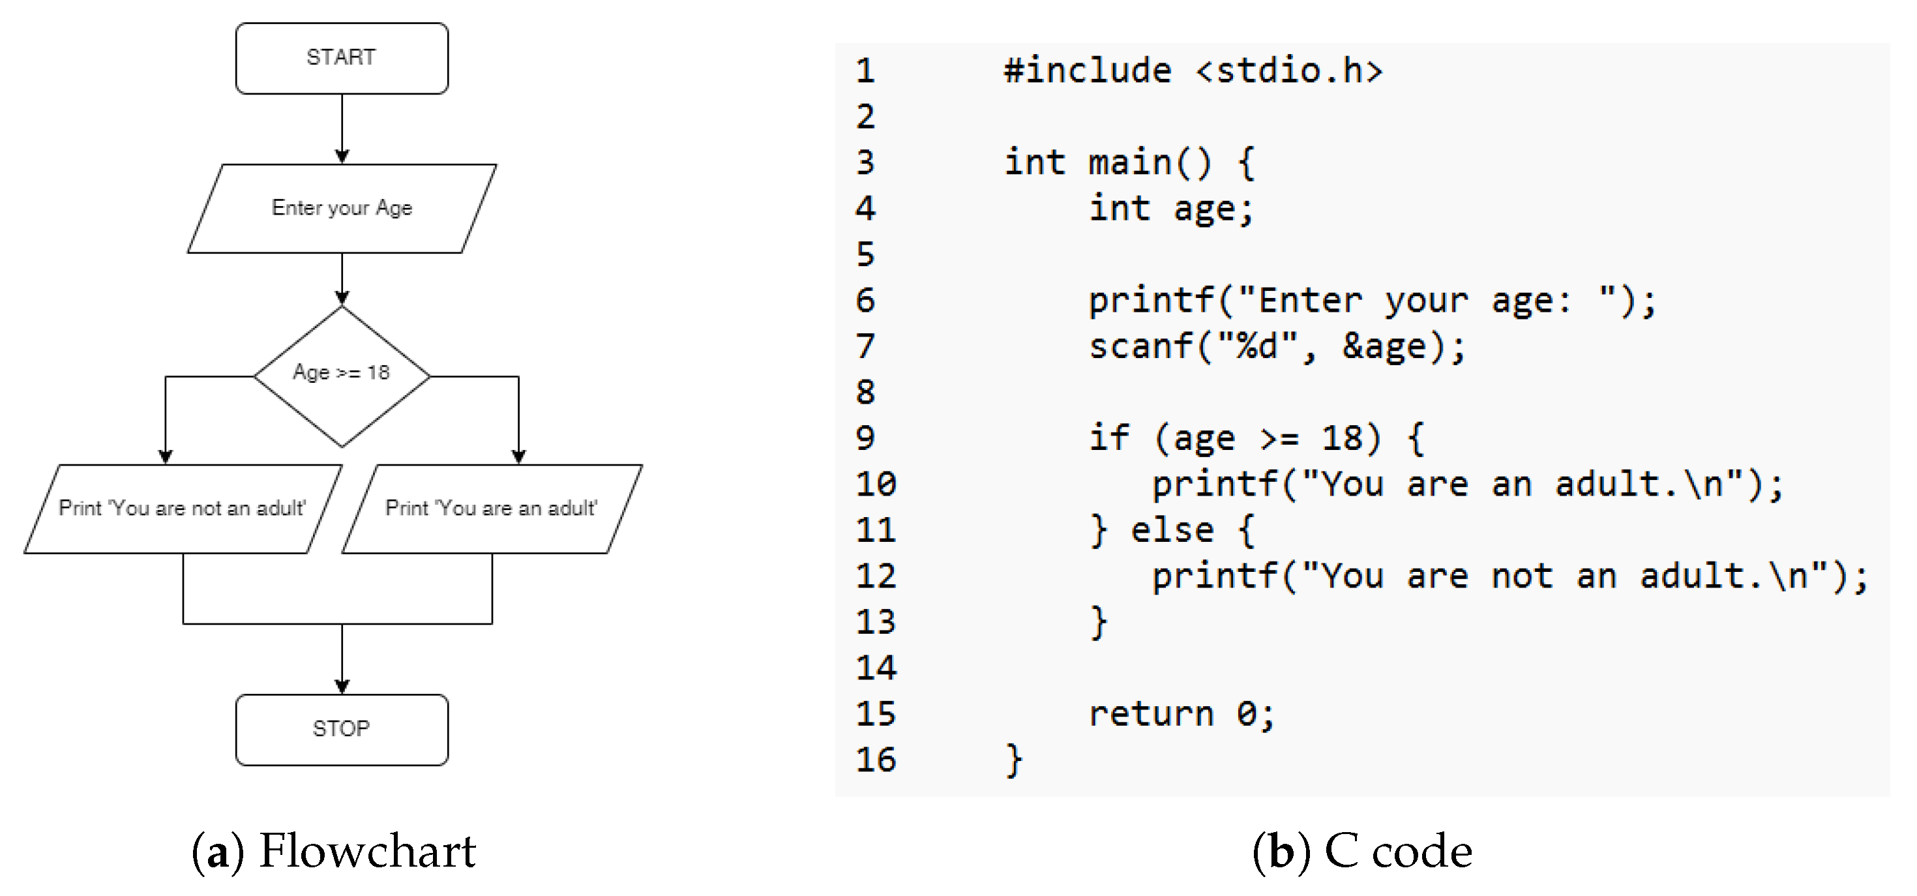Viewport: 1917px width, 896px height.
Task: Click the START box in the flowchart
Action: pos(342,58)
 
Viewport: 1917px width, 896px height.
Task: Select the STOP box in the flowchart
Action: pos(342,729)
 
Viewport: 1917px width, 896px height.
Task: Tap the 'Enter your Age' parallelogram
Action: pos(342,209)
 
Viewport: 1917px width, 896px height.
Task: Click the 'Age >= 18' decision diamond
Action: pos(342,375)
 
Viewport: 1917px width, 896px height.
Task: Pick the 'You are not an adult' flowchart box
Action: pos(183,509)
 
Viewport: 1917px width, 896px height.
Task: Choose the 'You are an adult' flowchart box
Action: pos(491,509)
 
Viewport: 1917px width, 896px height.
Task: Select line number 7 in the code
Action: pos(865,347)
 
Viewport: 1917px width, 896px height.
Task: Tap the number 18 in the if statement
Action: pos(1342,438)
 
